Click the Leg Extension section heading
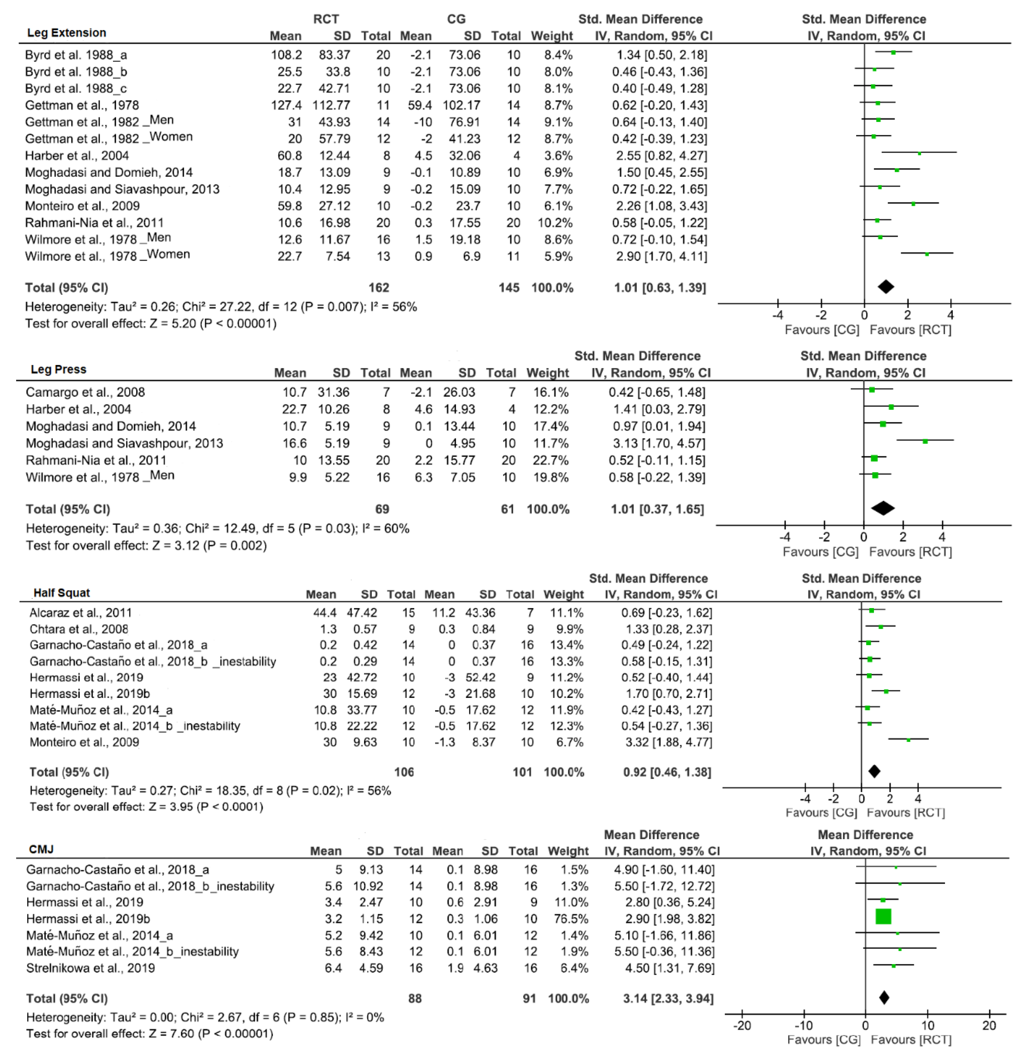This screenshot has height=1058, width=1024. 67,33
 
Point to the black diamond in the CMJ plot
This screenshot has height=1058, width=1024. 884,997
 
